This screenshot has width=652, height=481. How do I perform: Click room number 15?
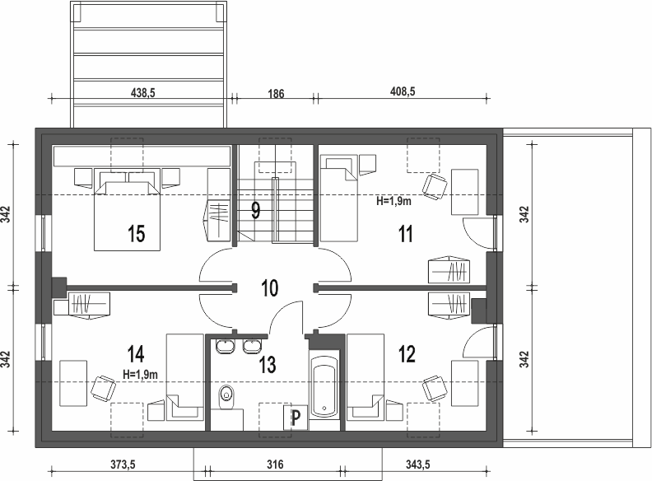click(x=137, y=233)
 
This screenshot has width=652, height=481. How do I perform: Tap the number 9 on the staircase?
click(x=256, y=211)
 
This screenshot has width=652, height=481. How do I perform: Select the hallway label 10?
click(x=269, y=288)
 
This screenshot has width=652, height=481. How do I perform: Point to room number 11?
click(x=406, y=234)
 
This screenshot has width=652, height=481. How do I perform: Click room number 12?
click(x=407, y=354)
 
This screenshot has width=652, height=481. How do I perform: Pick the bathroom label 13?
click(x=268, y=365)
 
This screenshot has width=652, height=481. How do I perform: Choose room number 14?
click(x=136, y=354)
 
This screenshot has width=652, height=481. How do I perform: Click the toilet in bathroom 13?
click(x=226, y=397)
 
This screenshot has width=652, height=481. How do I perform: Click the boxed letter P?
click(x=296, y=418)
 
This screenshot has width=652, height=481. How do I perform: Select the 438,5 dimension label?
click(x=142, y=92)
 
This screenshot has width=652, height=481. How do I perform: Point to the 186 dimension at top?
click(x=276, y=94)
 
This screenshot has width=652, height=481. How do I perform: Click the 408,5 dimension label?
click(x=403, y=91)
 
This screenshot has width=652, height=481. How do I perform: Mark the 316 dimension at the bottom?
click(x=275, y=464)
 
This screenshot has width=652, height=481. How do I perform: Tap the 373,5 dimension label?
click(x=123, y=465)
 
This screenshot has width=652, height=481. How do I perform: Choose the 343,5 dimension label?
click(x=418, y=465)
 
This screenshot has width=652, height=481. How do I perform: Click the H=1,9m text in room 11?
click(x=394, y=201)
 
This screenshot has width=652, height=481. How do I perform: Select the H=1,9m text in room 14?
click(x=141, y=375)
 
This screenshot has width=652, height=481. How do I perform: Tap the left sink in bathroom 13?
click(x=225, y=347)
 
